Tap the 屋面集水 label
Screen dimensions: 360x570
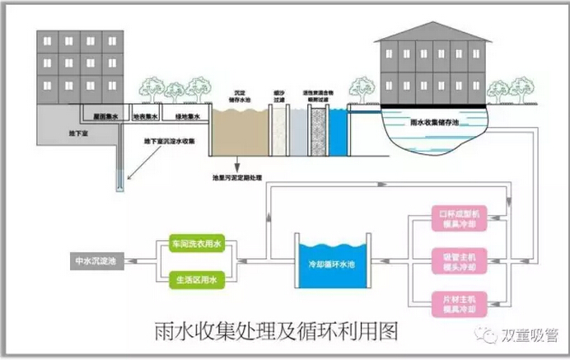(x=105, y=117)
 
